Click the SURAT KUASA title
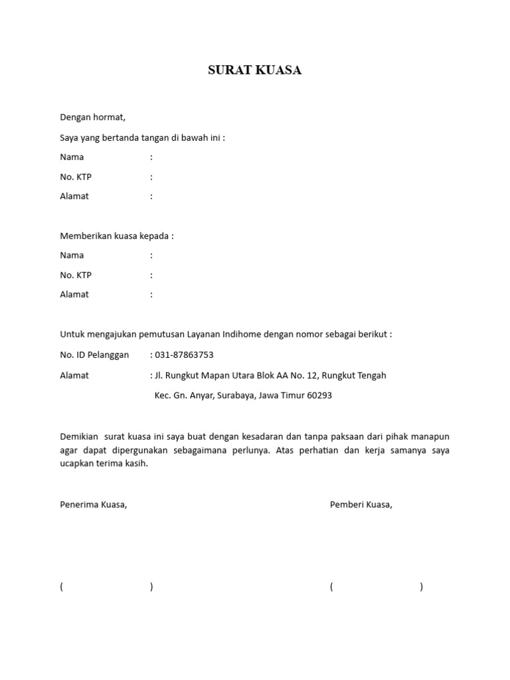255,70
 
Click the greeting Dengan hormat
92,118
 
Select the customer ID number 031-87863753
185,355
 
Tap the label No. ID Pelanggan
94,355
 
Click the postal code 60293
318,396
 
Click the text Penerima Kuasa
93,505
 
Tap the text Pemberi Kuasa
361,505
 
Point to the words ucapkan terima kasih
104,464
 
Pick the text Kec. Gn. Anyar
179,396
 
